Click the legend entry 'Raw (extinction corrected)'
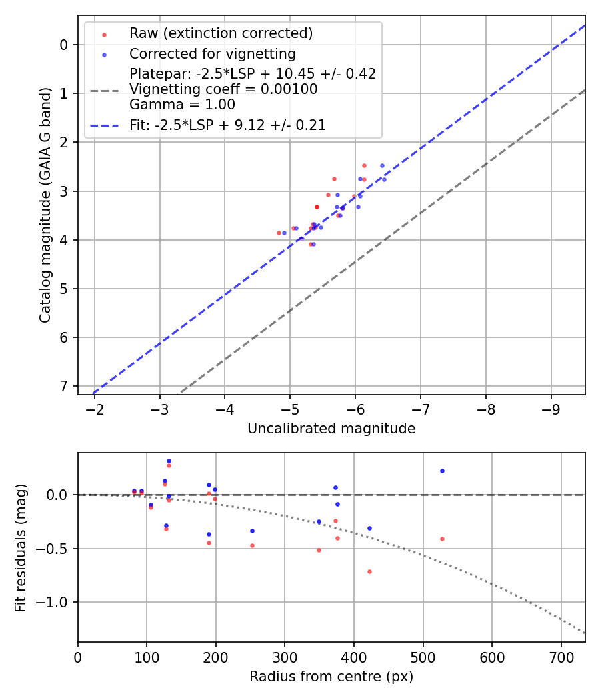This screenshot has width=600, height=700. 221,33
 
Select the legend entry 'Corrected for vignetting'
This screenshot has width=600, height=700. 212,53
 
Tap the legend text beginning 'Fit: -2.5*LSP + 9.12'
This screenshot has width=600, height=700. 227,125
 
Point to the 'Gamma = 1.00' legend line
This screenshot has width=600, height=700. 182,104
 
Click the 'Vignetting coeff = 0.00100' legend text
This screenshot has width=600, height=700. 223,89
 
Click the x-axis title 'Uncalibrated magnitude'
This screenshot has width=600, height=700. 331,429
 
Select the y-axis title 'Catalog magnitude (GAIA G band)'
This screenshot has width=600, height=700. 45,209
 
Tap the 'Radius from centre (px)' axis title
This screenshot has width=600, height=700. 331,677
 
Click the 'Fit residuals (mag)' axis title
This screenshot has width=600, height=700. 21,548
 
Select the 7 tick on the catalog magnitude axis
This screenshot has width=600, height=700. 64,386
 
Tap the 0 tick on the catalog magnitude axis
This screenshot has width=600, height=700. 64,45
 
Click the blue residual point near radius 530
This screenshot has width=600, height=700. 442,471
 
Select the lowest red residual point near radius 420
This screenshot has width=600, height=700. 369,571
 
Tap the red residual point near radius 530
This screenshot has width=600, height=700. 442,539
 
